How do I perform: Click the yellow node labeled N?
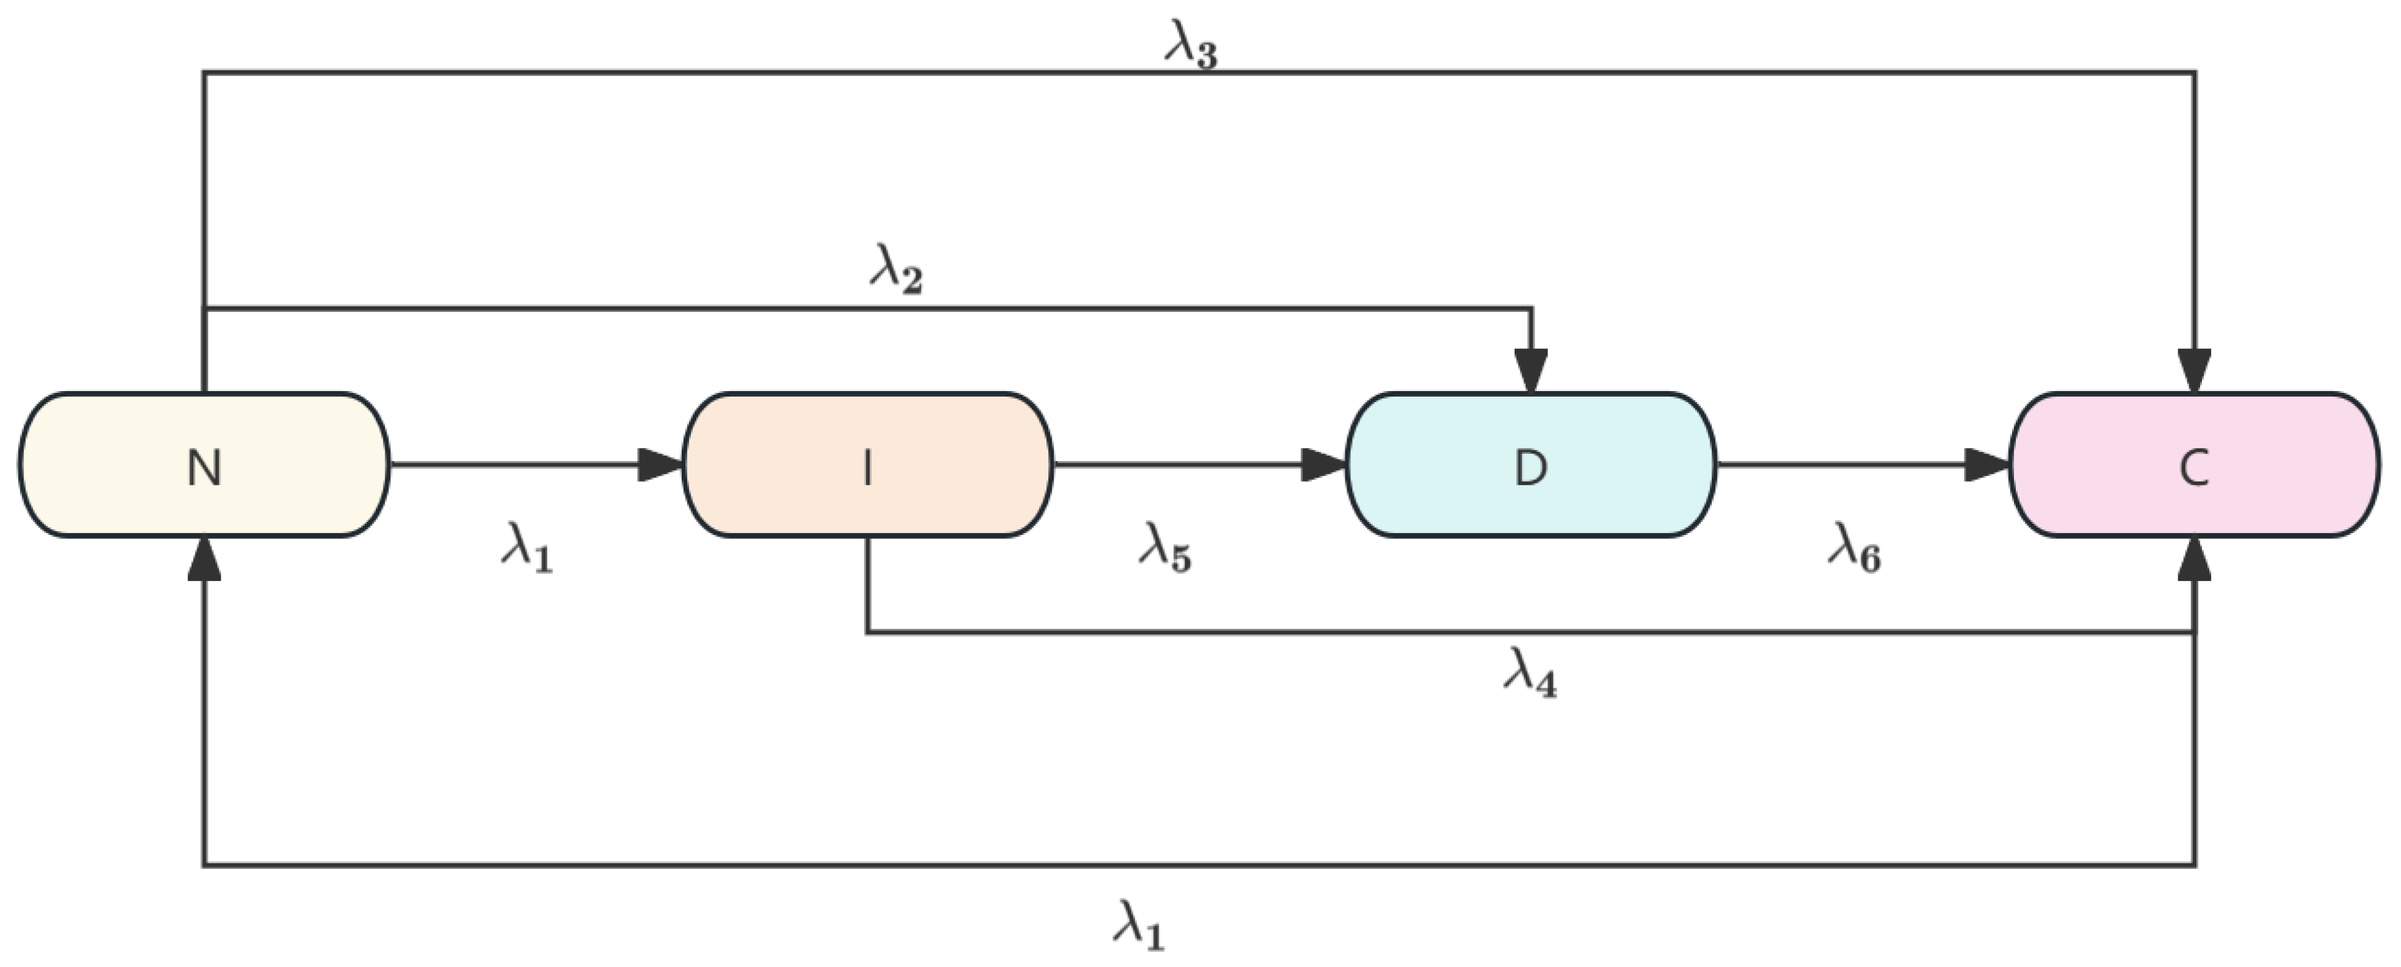tap(204, 464)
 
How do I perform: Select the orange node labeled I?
tap(868, 464)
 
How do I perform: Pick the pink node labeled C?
tap(2194, 464)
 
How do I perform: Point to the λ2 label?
tap(896, 271)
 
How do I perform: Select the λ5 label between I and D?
tap(1165, 547)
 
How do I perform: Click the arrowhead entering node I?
tap(660, 464)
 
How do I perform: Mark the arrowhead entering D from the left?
tap(1324, 464)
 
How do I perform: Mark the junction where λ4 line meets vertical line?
tap(2194, 633)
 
